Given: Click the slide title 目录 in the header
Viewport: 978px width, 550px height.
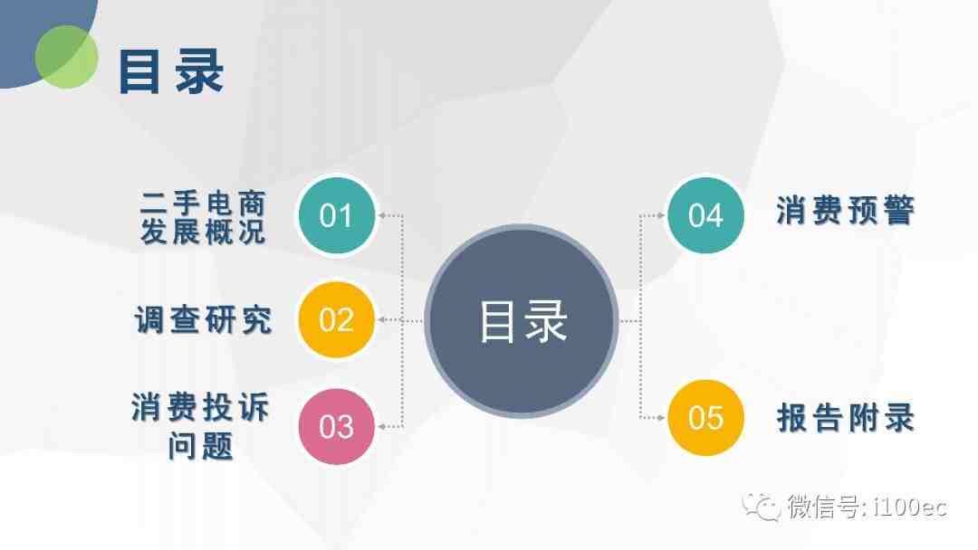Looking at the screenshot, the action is (171, 71).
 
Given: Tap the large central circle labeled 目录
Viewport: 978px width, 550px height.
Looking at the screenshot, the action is (522, 321).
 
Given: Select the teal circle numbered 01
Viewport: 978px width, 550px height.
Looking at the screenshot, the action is (336, 215).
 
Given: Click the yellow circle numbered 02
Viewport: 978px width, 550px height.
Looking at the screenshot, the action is (336, 320).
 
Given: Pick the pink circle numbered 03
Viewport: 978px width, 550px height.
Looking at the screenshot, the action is (336, 427).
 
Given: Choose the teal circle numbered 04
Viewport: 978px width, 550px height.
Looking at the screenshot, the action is (705, 215).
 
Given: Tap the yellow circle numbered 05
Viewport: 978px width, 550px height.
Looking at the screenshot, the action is (705, 417).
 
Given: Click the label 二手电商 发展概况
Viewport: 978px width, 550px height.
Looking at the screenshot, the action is (204, 217).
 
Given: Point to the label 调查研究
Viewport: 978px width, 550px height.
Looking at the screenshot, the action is (204, 320).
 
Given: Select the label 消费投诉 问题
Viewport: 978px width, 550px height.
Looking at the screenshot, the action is (200, 426).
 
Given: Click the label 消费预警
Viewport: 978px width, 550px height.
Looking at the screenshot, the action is (845, 210).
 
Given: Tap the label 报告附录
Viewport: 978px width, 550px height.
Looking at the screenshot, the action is (845, 417).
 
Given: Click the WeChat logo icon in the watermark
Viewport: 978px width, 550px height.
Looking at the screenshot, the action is (761, 507).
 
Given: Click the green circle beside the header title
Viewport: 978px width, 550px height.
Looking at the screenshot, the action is (66, 57).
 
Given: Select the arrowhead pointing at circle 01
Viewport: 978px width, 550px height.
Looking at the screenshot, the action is (382, 215).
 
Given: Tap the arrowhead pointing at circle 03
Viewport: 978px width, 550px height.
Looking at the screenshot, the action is (382, 427).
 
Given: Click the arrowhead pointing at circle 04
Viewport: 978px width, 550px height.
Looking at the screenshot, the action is (660, 215).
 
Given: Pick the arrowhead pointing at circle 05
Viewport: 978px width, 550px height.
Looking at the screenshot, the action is (660, 417).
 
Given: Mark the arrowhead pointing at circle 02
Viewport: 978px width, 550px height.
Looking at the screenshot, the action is (382, 320).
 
